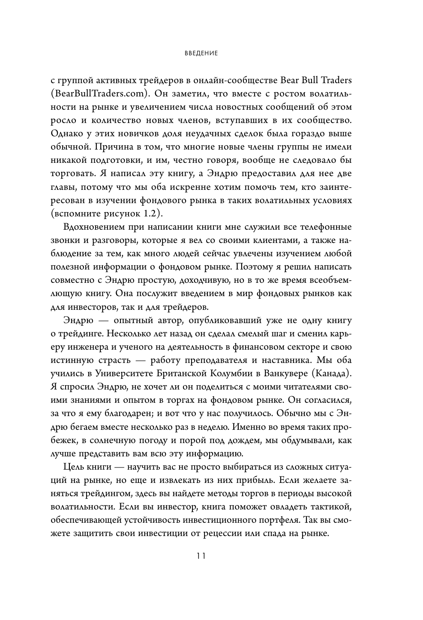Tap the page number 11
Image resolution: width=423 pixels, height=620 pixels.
(201, 556)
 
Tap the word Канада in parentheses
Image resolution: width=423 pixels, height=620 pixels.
(332, 373)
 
